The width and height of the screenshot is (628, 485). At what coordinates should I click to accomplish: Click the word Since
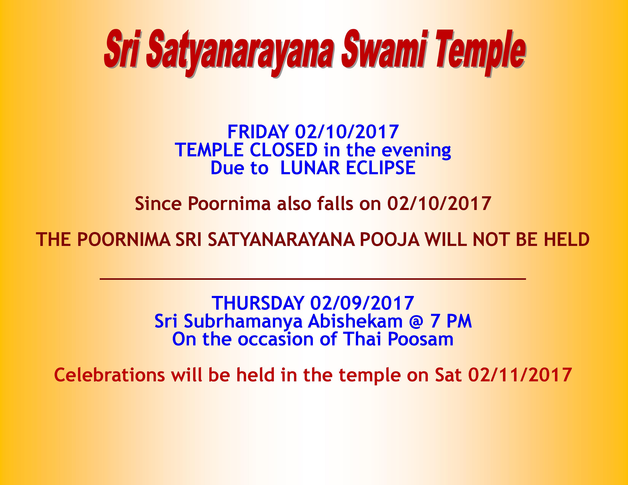pos(158,204)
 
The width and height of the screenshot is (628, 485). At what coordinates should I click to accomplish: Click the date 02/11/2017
pos(520,375)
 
